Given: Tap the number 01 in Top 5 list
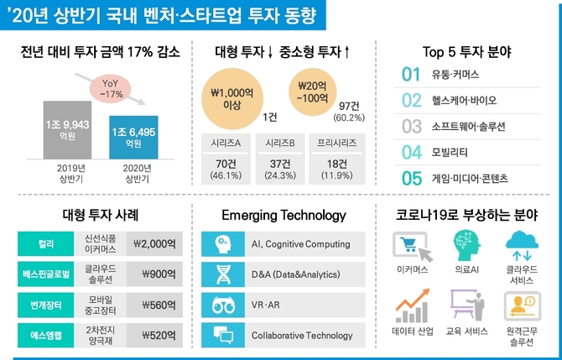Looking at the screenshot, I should (x=411, y=75).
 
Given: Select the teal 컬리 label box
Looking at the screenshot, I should (x=45, y=244).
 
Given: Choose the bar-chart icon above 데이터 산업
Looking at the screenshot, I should (x=411, y=306).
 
